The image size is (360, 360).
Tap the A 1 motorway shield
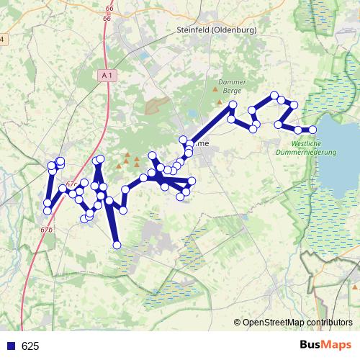pos(107,74)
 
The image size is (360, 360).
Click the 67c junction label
pos(71,185)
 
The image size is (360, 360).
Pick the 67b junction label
pos(47,229)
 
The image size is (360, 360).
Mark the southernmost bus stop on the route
pos(117,246)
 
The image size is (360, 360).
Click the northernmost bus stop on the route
pos(274,95)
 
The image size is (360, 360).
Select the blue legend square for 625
pos(12,346)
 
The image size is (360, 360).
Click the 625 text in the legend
pos(30,346)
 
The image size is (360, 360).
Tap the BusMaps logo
pos(325,346)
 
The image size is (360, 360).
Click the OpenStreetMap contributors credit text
pos(297,322)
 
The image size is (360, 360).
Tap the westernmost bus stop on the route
pos(47,211)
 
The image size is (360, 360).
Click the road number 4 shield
pos(2,39)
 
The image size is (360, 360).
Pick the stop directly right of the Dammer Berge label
pos(233,106)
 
